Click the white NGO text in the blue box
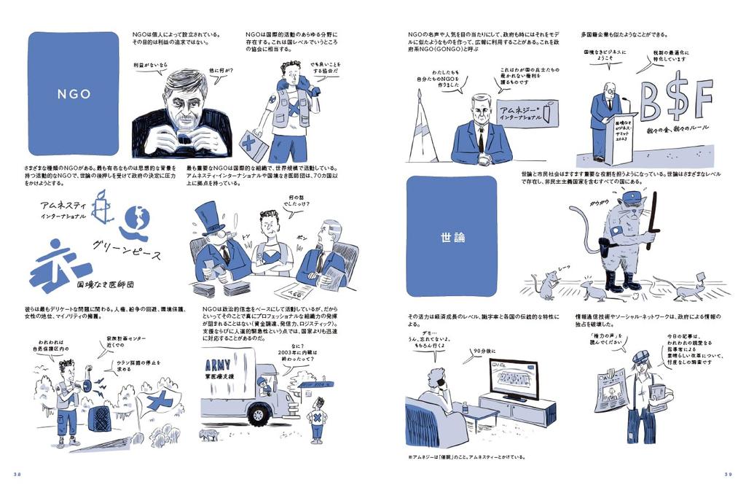pos(74,94)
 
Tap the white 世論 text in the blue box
pos(452,237)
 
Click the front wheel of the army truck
pos(259,414)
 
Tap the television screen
pos(513,378)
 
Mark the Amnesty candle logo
pos(104,212)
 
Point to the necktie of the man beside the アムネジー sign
pos(481,139)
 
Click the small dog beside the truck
pos(211,434)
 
